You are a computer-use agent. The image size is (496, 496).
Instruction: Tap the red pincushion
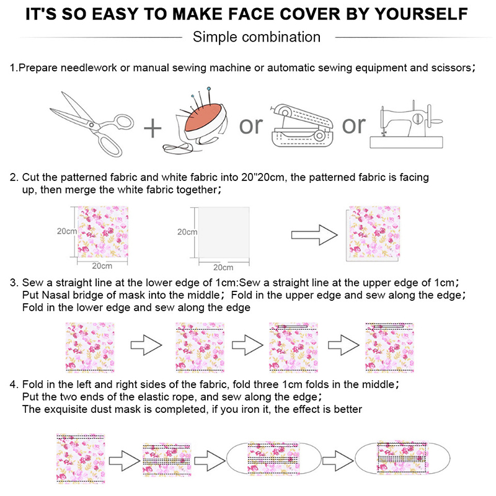[203, 118]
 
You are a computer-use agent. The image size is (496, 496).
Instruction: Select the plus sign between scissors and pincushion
[153, 128]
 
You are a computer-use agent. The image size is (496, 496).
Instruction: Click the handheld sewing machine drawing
[302, 125]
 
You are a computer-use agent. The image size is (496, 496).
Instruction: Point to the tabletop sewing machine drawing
[407, 125]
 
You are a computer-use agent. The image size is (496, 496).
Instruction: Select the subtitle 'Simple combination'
[257, 37]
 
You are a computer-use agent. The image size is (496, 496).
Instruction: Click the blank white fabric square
[224, 232]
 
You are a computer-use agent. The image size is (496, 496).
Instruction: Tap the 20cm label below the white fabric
[223, 268]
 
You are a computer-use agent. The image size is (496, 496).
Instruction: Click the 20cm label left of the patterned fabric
[67, 231]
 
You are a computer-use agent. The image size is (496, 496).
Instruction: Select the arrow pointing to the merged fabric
[314, 235]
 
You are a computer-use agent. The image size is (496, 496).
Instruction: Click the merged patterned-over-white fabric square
[373, 234]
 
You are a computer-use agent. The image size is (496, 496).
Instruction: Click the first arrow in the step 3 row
[146, 345]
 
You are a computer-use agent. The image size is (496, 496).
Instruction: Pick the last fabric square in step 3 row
[390, 347]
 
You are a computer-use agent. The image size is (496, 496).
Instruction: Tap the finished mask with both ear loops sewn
[402, 458]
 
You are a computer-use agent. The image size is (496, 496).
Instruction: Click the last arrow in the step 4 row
[338, 461]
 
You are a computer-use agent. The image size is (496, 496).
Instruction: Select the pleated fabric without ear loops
[167, 459]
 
